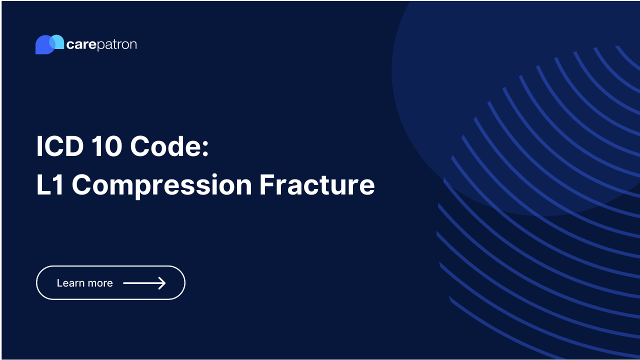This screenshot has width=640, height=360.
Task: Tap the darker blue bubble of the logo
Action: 42,46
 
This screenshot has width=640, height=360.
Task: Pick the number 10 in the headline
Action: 105,147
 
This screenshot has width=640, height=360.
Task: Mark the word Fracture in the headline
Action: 317,184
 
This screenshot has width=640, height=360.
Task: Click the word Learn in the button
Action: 69,283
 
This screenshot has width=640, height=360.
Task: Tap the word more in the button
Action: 101,283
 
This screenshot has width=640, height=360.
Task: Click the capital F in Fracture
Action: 266,184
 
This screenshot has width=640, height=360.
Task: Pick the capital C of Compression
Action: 82,184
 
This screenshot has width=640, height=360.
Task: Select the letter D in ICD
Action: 73,147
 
